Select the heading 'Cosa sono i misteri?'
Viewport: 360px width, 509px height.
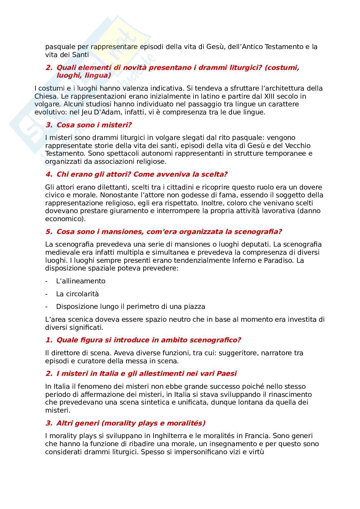[94, 125]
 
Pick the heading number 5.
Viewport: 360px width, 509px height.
[49, 232]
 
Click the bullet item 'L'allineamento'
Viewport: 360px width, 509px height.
[81, 281]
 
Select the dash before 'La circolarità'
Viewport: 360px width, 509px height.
[47, 294]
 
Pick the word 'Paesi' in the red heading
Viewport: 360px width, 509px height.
[226, 374]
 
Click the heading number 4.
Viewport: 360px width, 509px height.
[49, 174]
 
